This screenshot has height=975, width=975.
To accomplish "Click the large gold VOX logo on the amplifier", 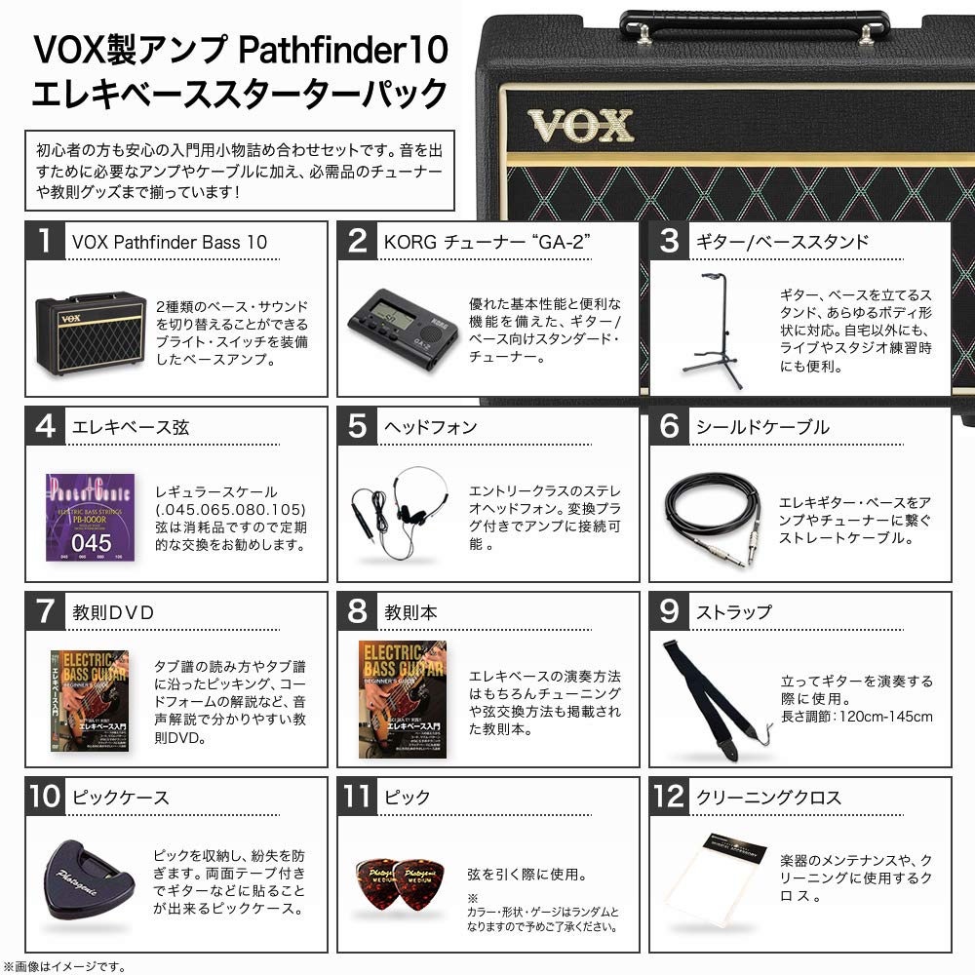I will click(x=581, y=126).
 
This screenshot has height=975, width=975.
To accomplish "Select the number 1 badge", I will click(x=46, y=241).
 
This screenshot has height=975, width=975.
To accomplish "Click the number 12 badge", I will click(x=670, y=797).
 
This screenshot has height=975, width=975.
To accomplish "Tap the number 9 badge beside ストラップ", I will click(x=670, y=611).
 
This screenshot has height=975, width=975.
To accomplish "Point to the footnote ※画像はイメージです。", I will click(x=65, y=965).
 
